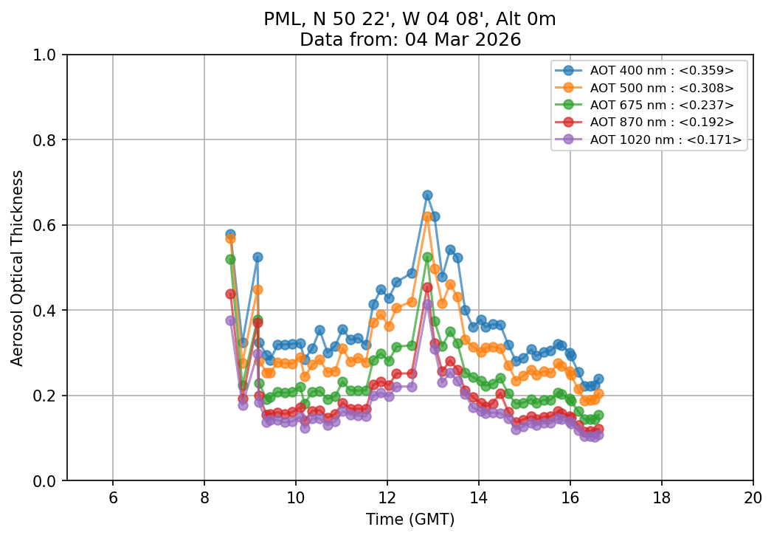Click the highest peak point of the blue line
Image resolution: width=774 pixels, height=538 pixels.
(x=427, y=195)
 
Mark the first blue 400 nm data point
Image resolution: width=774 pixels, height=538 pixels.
(x=230, y=234)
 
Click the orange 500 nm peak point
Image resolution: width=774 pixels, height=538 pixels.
(x=427, y=216)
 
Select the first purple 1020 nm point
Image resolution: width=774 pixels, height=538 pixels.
(x=230, y=320)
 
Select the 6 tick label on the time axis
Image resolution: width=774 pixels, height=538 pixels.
(x=113, y=497)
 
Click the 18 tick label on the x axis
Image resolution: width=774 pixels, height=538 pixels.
(x=661, y=497)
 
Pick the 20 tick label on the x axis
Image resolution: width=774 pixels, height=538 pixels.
(x=753, y=497)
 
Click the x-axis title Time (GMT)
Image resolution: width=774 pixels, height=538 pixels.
(x=410, y=520)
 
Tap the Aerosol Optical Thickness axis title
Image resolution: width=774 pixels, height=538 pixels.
(x=18, y=267)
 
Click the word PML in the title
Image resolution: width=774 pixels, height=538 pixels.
(x=279, y=20)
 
